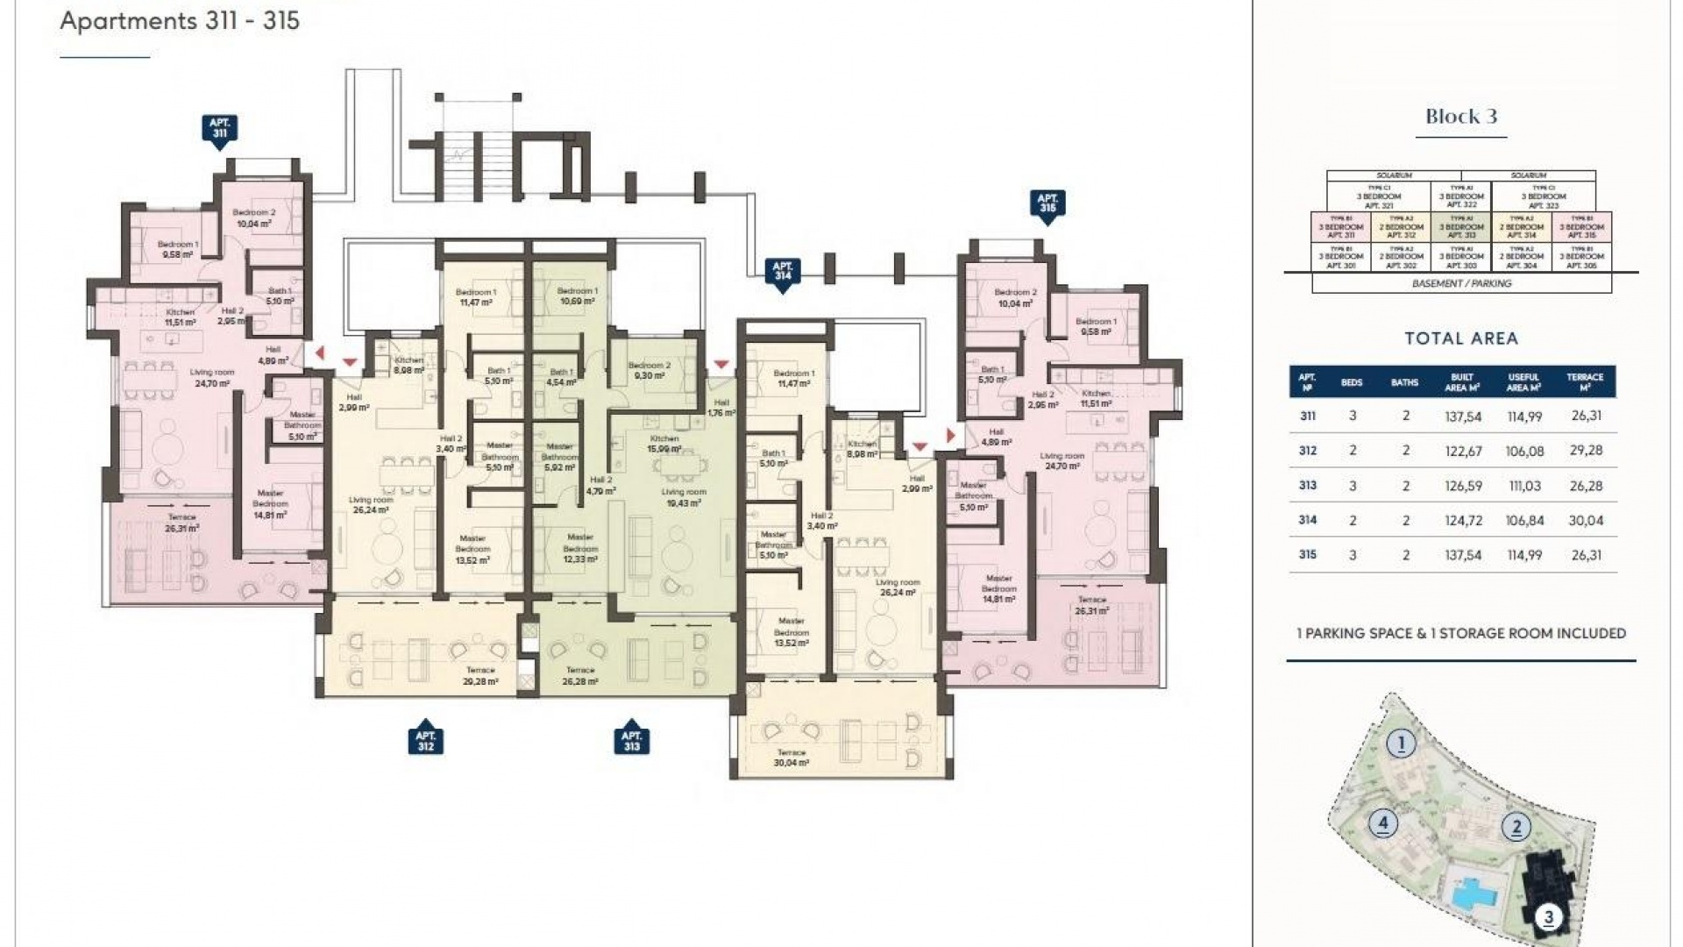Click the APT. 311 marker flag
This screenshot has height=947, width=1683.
219,129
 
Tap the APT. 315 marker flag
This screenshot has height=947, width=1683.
1047,204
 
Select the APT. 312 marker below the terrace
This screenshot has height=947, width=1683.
425,741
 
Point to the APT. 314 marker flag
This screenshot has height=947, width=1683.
782,271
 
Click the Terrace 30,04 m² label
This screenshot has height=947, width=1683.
791,758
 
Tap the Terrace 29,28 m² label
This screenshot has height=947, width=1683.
480,675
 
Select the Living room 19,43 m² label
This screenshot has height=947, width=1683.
683,497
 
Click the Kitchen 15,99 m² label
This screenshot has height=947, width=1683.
664,444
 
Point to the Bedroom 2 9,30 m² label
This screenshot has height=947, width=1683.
649,370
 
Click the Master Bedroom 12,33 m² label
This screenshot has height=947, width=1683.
579,548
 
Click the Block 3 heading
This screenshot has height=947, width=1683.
1460,117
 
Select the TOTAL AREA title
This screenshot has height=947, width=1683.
1460,338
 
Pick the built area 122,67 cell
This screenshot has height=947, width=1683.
1463,451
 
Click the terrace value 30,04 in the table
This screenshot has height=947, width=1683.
1586,520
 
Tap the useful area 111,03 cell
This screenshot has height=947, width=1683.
1524,486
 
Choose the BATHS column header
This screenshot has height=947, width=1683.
1404,382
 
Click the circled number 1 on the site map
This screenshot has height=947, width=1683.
1401,744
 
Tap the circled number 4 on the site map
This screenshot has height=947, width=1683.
1382,822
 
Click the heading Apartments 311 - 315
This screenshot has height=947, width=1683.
180,21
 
